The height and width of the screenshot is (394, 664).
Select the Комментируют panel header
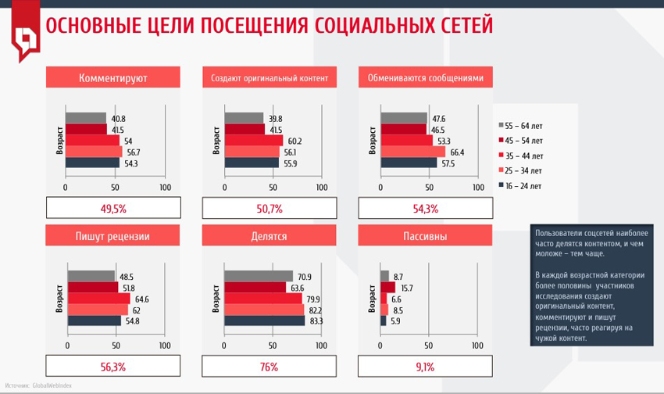(113, 78)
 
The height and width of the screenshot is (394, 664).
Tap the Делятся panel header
(269, 236)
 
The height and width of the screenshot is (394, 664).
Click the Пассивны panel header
(425, 236)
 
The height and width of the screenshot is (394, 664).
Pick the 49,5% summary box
(113, 208)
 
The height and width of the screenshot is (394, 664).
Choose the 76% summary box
(269, 366)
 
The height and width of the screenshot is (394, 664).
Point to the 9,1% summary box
(425, 366)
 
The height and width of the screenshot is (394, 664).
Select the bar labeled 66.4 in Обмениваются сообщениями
(413, 152)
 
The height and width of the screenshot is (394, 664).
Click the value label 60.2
(294, 141)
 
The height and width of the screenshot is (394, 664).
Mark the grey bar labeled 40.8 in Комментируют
(86, 119)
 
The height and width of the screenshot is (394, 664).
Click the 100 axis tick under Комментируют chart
(165, 188)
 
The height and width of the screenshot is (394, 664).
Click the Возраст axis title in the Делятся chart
(216, 298)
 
